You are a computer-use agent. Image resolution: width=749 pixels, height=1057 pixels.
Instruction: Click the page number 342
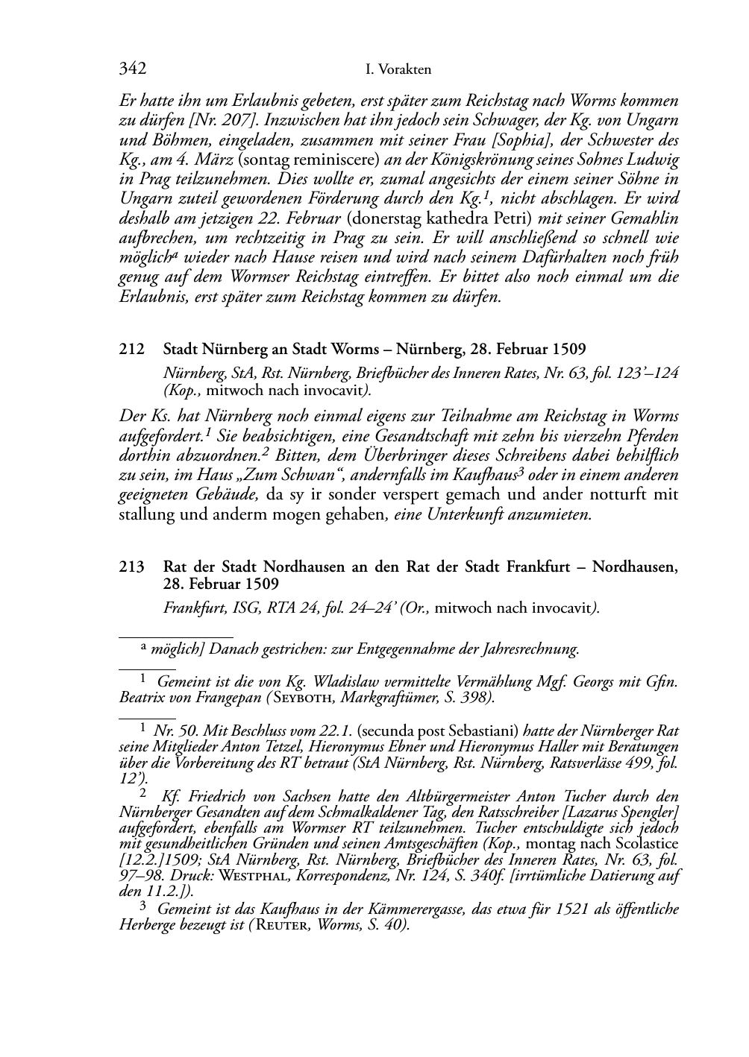(132, 69)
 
